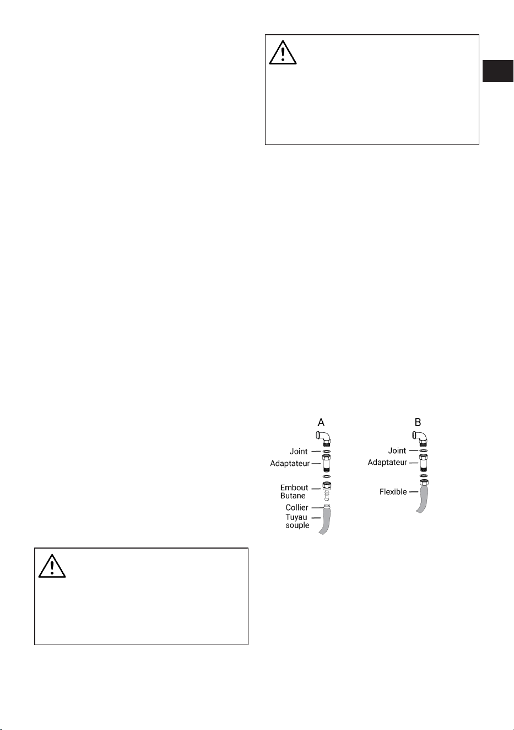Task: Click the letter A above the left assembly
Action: tap(321, 422)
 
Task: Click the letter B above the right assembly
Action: tap(418, 422)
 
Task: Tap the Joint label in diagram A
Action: tap(299, 452)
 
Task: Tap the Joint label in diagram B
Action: tap(397, 450)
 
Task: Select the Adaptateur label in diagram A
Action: tap(290, 464)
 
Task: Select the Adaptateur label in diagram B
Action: tap(387, 463)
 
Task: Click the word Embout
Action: tap(294, 487)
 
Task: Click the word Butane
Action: tap(293, 496)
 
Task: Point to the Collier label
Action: tap(297, 507)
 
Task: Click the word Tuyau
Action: tap(296, 517)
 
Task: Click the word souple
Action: tap(297, 525)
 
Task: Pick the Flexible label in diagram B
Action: tap(393, 492)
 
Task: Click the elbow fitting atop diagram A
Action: tap(324, 438)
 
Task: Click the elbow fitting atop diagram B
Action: tap(421, 438)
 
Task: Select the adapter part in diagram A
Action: tap(326, 464)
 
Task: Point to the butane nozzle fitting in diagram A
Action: tap(326, 491)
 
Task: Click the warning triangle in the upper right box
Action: tap(283, 53)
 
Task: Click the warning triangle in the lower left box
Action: tap(52, 566)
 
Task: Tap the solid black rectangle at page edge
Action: tap(498, 71)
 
